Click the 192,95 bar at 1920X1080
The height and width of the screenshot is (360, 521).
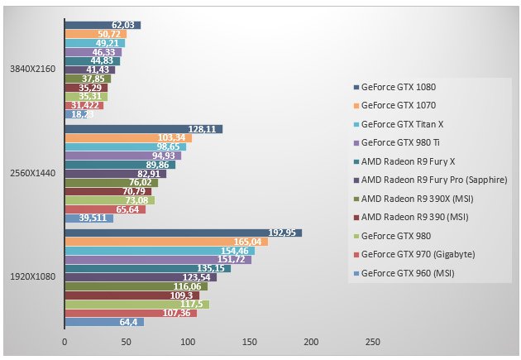183,233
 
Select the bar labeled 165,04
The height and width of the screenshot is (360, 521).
165,242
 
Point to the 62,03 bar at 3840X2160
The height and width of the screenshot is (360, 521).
103,25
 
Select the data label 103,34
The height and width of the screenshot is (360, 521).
171,137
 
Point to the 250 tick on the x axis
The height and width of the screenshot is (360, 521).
372,342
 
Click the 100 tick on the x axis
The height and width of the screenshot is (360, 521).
188,342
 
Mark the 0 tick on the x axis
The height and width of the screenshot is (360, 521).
65,342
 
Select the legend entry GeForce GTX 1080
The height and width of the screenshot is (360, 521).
399,87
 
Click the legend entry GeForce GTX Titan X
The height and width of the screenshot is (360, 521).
403,124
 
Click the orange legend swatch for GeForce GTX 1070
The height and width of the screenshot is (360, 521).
356,106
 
